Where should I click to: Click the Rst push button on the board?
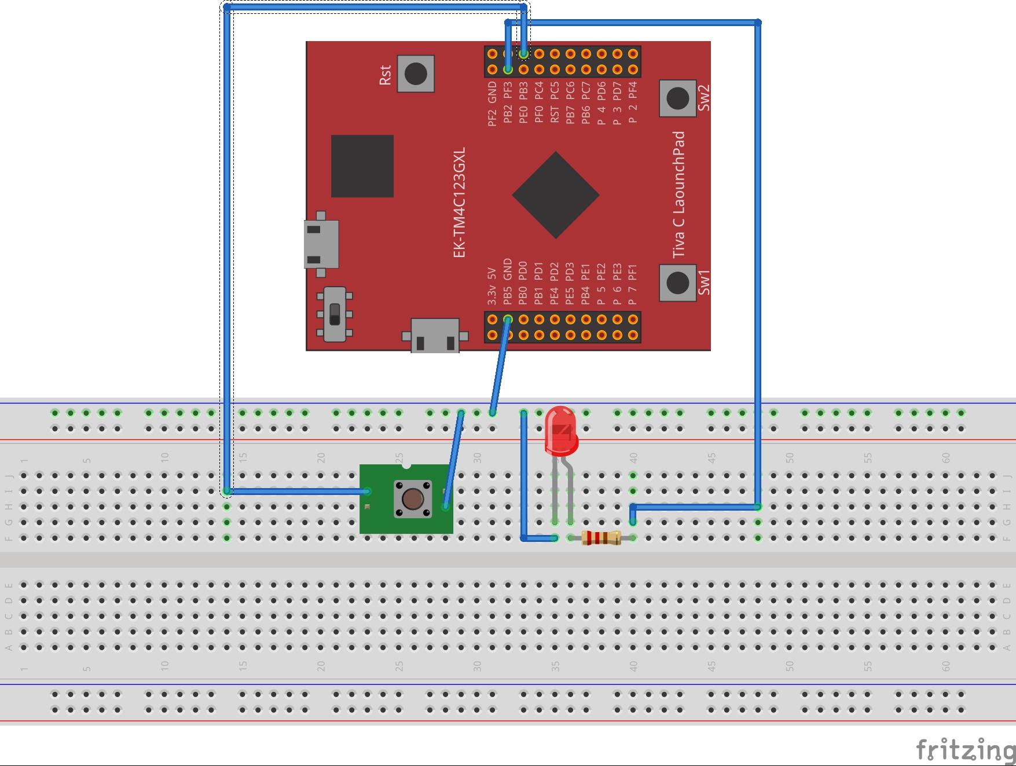416,74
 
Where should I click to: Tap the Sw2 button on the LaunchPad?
677,98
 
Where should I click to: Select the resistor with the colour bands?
601,538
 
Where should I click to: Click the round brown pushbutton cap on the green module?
413,499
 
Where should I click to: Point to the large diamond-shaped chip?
556,195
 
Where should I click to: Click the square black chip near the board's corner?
362,166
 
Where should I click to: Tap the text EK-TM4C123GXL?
459,202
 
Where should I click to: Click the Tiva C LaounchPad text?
678,195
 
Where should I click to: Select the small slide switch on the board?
335,314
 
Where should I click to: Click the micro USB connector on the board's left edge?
321,244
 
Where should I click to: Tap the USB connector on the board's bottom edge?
435,336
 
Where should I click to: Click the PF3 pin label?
508,91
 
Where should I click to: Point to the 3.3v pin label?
492,294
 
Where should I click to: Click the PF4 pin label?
633,91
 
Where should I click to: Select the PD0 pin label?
523,270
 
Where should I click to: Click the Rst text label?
384,75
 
